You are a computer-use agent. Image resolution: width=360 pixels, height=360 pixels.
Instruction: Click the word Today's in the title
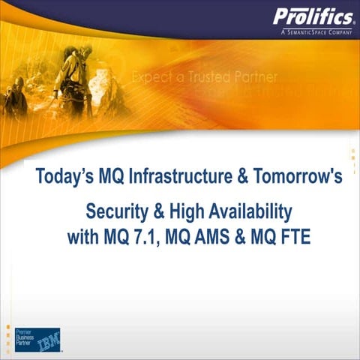(x=68, y=178)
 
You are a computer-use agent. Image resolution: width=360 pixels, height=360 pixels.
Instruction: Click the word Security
(x=121, y=209)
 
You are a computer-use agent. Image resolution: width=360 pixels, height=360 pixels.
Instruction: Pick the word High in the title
(x=194, y=209)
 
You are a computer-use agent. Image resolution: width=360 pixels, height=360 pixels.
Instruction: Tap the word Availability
(x=253, y=209)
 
